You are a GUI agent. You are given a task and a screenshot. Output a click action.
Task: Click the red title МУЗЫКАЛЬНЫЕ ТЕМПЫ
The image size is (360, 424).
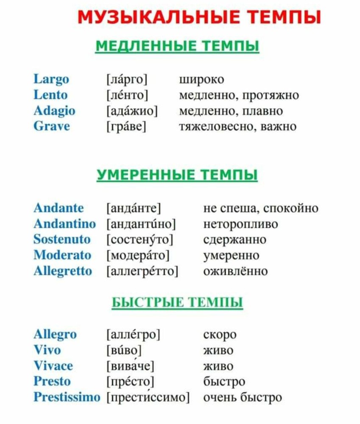(199, 18)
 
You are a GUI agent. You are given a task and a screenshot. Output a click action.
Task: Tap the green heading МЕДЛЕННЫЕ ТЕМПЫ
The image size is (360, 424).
(177, 46)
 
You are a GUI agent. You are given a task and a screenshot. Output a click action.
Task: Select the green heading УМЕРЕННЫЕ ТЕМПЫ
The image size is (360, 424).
(177, 175)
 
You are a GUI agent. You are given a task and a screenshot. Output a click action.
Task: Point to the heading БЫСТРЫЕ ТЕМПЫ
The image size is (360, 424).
(177, 303)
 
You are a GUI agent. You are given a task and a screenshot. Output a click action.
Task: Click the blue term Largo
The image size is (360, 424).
(51, 79)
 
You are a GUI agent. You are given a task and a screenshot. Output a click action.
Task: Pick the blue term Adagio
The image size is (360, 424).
(54, 111)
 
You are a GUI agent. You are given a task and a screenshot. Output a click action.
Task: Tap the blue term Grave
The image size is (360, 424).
(52, 126)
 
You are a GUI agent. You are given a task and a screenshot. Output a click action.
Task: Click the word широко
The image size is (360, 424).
(202, 79)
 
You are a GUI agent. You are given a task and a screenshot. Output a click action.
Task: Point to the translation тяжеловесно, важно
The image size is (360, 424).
(238, 126)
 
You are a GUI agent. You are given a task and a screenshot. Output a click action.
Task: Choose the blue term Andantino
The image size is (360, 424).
(64, 224)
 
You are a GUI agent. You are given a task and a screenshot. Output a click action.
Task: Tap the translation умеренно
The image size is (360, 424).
(231, 255)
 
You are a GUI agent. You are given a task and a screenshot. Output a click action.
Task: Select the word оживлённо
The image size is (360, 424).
(235, 271)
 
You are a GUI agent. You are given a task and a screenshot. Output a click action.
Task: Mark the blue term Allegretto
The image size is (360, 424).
(62, 271)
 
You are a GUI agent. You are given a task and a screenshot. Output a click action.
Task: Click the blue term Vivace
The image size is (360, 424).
(53, 366)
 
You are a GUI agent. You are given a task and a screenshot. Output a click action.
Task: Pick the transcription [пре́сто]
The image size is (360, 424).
(130, 382)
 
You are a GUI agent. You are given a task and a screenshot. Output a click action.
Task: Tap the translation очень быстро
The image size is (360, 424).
(243, 397)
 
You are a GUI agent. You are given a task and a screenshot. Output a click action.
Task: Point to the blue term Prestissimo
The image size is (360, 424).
(67, 397)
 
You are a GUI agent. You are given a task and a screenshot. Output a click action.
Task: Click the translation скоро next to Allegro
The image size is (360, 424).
(220, 335)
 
